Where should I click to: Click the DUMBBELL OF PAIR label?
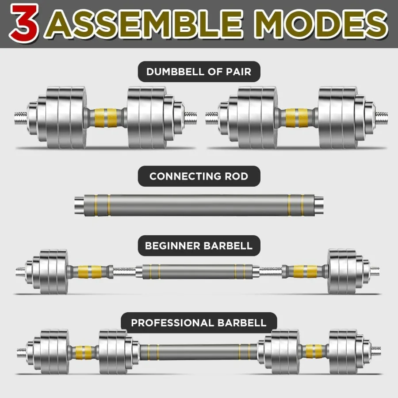[199, 71]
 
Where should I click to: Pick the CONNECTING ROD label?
[199, 176]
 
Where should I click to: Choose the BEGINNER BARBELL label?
[199, 245]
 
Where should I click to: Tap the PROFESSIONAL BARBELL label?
[199, 322]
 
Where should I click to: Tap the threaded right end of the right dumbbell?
[382, 118]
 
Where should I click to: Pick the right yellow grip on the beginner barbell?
[306, 271]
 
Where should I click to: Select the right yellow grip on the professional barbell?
[315, 352]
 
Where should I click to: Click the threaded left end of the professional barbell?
[21, 352]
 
